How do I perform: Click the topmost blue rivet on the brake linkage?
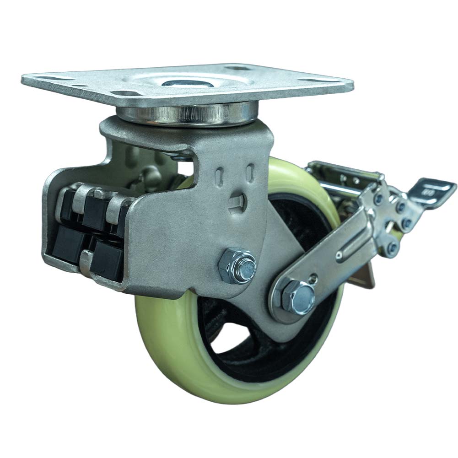pos(378,198)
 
